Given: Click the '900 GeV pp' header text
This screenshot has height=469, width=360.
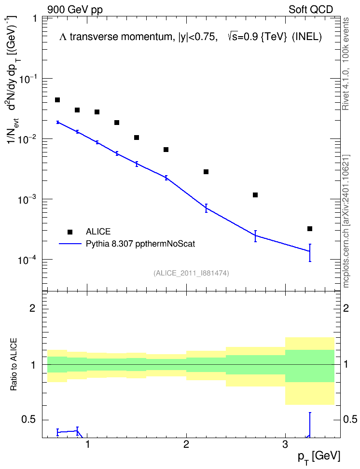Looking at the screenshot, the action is pos(75,10).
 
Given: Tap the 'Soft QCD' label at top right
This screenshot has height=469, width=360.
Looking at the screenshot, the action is pos(311,10).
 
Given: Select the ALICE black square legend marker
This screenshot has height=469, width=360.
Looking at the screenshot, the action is pos(70,232).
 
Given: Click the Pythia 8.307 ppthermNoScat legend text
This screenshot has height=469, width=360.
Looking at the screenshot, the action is pos(140,244).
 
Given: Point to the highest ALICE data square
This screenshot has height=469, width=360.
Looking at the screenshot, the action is pos(57,100).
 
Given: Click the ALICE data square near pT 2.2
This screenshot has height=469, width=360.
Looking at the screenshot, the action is pos(206,172).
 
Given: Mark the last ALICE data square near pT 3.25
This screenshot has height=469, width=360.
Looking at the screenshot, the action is pos(310,229).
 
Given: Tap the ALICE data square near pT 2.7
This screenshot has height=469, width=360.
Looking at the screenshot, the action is pos(255,195).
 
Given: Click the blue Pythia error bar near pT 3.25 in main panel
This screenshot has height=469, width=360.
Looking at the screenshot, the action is pos(310,253).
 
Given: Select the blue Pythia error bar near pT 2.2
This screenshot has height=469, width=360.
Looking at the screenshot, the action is pos(206,208).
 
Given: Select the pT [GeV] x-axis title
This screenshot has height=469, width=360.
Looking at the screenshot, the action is pos(318,457).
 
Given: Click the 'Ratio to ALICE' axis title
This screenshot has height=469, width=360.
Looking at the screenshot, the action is pos(14,364).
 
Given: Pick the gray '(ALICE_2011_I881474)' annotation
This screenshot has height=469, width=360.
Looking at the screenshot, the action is pos(191,273).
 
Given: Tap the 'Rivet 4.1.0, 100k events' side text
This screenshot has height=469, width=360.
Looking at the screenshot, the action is pos(346,64).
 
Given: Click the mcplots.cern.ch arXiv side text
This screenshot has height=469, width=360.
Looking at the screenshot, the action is pos(346,221).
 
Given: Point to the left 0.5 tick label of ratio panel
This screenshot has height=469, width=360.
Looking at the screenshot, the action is pos(29,419).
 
